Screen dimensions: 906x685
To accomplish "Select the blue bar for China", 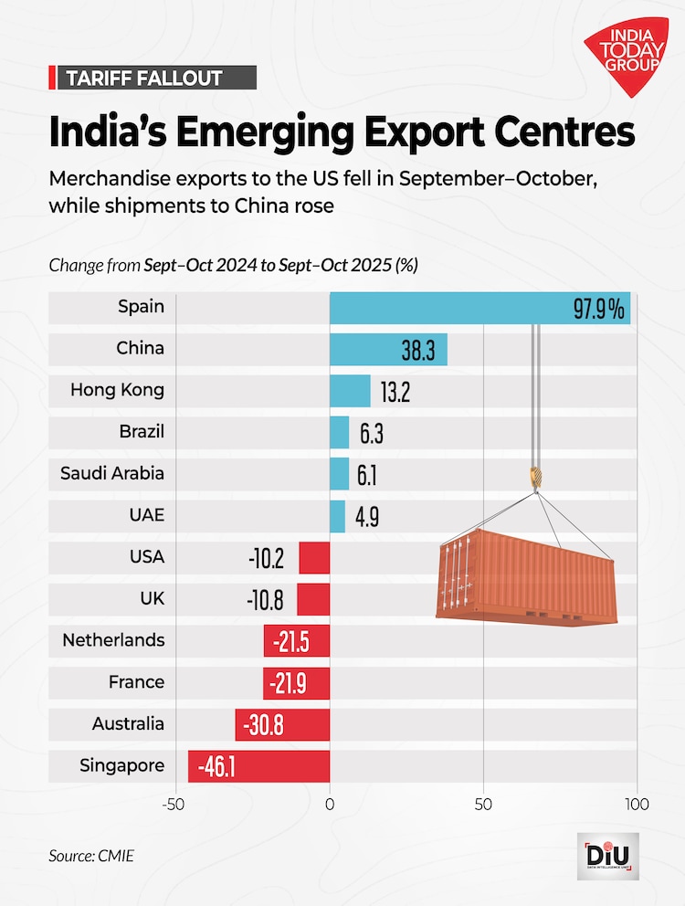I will point(388,349).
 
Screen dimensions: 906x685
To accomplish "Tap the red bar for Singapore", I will point(258,765).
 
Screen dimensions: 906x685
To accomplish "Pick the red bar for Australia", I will point(282,724).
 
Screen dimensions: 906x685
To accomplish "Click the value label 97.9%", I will point(598,309).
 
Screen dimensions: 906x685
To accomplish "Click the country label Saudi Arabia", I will point(112,473).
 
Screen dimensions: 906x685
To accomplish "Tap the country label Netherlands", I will point(113,640).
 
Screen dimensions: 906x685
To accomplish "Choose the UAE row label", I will point(146,515).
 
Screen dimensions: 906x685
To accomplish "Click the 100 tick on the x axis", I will point(637,805).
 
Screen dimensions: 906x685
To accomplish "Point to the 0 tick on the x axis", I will point(330,805).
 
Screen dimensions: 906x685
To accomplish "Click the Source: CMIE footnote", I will point(85,857).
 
